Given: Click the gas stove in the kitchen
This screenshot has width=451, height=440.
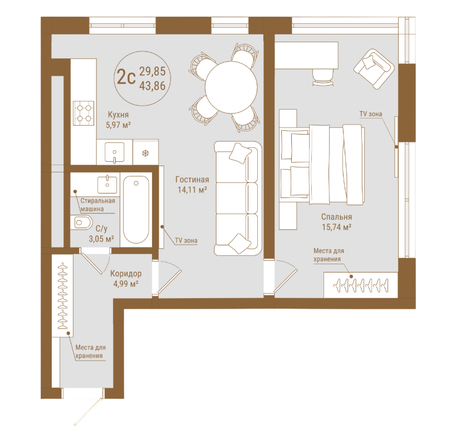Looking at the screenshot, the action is [84, 113].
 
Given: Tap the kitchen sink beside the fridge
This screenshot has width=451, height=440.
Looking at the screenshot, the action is [115, 152].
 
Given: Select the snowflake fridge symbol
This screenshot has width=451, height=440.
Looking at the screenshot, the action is [145, 153].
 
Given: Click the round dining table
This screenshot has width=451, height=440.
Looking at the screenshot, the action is [231, 87].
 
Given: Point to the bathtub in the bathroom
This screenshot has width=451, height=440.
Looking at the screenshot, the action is [136, 209].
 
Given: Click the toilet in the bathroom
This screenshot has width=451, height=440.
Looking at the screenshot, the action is [81, 222].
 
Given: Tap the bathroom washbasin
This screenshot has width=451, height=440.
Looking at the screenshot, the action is [107, 185].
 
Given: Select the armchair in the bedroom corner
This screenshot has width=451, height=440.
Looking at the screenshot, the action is [374, 68].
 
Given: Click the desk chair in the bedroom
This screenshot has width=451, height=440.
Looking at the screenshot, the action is [323, 77].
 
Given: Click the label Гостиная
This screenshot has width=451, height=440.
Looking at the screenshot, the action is [192, 180].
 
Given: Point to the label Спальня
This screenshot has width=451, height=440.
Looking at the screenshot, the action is [336, 217].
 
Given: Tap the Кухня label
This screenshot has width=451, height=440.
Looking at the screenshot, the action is [118, 115].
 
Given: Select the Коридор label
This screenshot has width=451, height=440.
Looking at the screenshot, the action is [126, 274].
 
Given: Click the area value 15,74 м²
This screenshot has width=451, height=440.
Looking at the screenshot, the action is [336, 227].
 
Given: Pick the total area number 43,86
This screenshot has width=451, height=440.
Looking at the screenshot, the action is [153, 86].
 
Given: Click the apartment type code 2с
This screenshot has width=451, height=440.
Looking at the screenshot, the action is [126, 77].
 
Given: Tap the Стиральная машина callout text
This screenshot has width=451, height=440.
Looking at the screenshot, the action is [97, 205].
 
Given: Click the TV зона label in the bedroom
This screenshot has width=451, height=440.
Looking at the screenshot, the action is [371, 114].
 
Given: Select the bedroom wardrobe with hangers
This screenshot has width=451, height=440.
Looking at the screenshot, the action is [361, 285].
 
